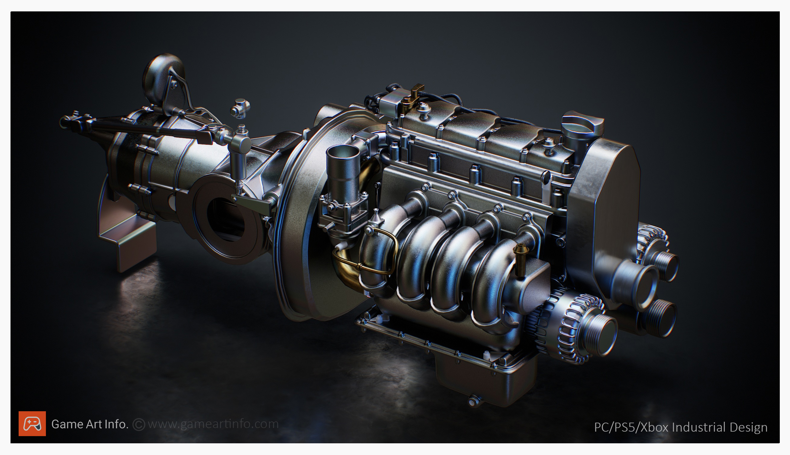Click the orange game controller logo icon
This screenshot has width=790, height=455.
(x=32, y=424)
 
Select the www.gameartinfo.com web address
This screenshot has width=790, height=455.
(x=213, y=424)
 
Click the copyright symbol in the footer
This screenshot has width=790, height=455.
(x=139, y=424)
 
